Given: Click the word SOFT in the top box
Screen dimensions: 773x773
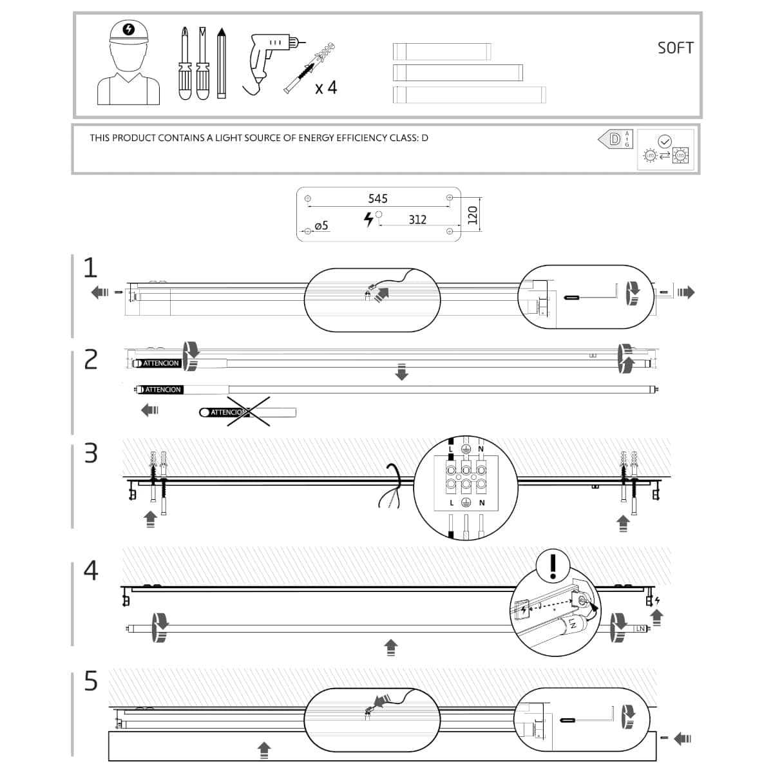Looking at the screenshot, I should point(675,48).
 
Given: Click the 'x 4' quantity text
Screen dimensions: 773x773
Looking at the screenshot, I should point(326,88).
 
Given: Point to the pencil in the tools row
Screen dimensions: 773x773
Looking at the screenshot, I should point(222,63).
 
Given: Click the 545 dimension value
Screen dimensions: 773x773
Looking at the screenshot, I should point(377,198).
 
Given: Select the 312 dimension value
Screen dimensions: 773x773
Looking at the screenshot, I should point(417,220).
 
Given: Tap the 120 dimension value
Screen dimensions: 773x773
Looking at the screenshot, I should point(472,215).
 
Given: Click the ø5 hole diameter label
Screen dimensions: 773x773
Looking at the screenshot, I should point(321,225).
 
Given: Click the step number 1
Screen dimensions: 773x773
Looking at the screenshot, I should point(90,268).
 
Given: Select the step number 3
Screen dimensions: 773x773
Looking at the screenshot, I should point(91,453).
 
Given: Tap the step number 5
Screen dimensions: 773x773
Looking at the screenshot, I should point(91,681).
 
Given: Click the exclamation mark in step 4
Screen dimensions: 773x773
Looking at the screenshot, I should point(553,565).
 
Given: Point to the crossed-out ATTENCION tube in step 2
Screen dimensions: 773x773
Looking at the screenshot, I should point(247,412).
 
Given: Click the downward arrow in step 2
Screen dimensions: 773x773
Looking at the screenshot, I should point(401,372).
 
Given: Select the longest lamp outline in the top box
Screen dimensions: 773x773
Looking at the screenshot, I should point(469,95).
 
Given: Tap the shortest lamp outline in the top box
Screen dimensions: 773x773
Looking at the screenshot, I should point(442,51).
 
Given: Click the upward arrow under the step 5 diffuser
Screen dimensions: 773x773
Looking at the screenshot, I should point(263,750).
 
